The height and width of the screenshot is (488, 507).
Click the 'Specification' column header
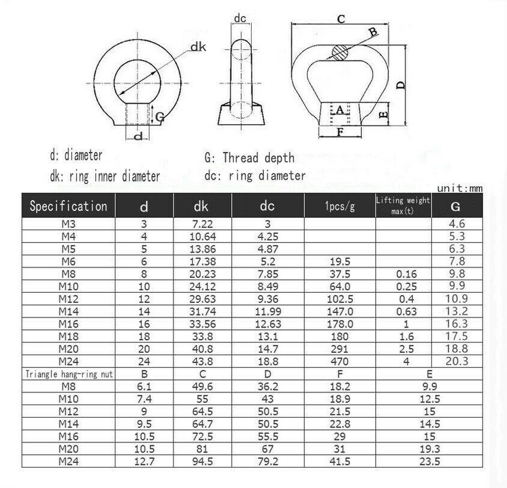[x=68, y=206]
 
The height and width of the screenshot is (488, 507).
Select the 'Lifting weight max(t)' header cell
[x=403, y=206]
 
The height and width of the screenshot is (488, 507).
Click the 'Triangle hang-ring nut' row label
[x=68, y=374]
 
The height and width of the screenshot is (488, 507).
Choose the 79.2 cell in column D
[x=267, y=462]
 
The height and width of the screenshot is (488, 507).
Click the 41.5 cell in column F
[x=340, y=462]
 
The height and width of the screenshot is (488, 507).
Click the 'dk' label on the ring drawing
[x=198, y=47]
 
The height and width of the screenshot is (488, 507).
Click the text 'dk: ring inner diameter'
[x=104, y=176]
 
